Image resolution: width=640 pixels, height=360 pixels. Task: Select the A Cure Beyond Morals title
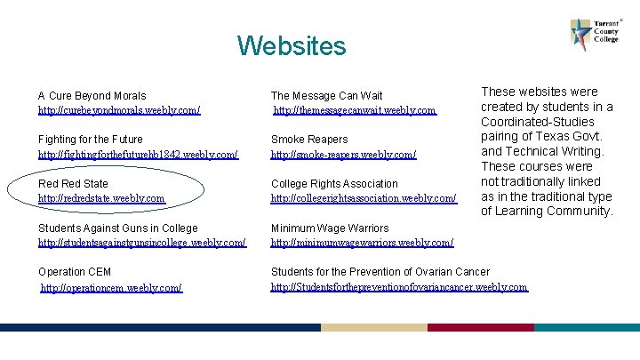click(x=92, y=95)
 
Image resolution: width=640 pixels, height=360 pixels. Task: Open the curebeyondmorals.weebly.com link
click(x=119, y=110)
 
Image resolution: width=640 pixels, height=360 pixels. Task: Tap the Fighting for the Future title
click(x=90, y=140)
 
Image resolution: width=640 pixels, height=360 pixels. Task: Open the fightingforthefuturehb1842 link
click(x=138, y=155)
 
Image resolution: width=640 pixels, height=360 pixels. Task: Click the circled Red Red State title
click(x=73, y=184)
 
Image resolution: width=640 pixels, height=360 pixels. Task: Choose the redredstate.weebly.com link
click(x=101, y=198)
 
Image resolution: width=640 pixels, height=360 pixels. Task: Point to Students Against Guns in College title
click(x=117, y=228)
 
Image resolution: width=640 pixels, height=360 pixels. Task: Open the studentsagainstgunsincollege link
click(x=142, y=243)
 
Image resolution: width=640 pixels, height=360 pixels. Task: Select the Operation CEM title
click(x=75, y=272)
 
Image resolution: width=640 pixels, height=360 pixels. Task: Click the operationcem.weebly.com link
click(x=112, y=288)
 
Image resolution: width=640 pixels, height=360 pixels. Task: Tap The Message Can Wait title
click(x=326, y=95)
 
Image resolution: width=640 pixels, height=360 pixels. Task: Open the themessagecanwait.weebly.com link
click(x=355, y=110)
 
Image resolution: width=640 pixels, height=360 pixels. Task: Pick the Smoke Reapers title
click(x=308, y=140)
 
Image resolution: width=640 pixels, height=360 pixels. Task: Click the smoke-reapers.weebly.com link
click(x=343, y=155)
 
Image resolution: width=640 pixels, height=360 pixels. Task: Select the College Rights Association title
click(x=334, y=184)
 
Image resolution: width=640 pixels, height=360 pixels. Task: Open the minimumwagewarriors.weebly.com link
click(x=362, y=243)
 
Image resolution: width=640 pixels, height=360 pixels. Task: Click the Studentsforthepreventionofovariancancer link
click(x=398, y=287)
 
